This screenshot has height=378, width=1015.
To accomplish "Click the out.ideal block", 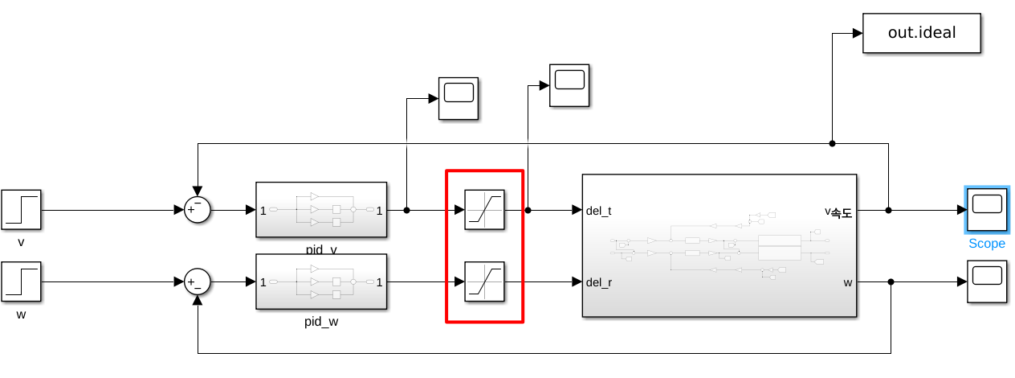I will point(922,33).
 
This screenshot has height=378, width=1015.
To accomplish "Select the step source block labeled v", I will point(21,211).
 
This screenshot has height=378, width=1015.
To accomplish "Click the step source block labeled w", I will point(21,282).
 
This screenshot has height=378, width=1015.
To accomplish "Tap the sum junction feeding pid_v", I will point(198,211).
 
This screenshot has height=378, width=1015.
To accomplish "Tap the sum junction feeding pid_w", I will point(198,282).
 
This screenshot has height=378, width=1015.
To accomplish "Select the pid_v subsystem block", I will point(321,210).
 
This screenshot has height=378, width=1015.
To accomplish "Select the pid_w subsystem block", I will point(321,281).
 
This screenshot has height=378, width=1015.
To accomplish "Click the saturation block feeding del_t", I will point(484,211).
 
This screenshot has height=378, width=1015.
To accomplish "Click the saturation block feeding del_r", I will point(484,281).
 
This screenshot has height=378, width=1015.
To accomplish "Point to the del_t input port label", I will point(599,211).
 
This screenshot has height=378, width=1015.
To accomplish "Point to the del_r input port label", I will point(599,282).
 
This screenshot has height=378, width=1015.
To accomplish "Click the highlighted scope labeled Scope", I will point(986,210).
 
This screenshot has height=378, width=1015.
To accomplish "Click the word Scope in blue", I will point(986,244).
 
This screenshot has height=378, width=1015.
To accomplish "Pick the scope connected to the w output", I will point(986,281).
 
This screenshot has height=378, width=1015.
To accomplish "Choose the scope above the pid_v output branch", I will point(459,99).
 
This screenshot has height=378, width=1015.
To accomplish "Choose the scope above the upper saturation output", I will point(569,84).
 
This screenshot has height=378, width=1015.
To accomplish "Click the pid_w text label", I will point(321,321).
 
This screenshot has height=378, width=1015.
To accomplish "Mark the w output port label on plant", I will point(847,282).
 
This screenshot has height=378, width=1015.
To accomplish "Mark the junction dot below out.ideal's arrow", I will point(832,144).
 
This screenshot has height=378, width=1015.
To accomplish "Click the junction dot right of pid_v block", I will point(407,211).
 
